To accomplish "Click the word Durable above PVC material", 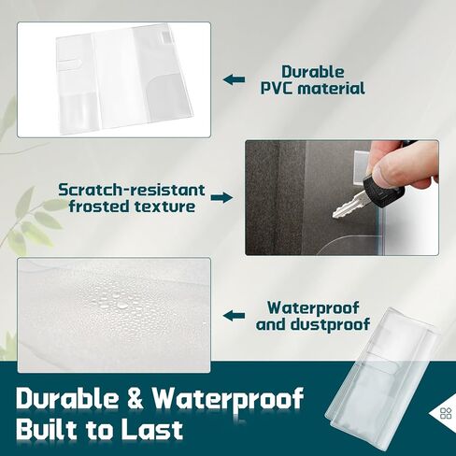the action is click(313, 72).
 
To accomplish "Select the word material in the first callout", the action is click(331, 89).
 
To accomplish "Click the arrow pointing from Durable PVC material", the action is click(234, 79).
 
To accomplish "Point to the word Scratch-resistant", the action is click(132, 190).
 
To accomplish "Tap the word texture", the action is click(164, 207).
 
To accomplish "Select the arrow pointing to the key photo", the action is click(221, 197).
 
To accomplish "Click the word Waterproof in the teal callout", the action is click(313, 308).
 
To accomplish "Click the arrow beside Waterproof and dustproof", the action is click(234, 316).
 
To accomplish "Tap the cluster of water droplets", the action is click(119, 306).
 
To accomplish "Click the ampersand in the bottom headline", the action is click(135, 398).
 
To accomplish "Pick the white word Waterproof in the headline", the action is click(228, 400).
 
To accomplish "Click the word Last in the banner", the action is click(151, 430).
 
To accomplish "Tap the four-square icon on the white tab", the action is click(446, 414).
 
